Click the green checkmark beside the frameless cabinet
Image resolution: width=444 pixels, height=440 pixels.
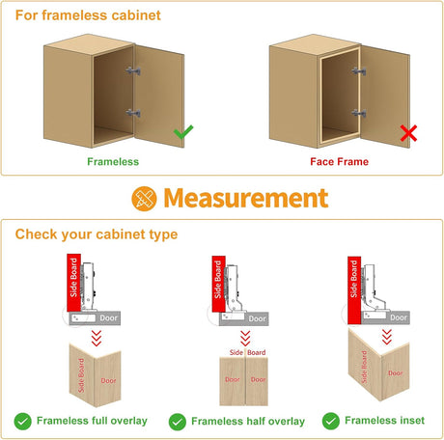coord(183,131)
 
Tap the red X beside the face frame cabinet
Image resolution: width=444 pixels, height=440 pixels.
coord(408,133)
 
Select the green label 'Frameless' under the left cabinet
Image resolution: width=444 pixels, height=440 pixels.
coord(113,161)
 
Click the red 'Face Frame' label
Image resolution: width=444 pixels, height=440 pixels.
coord(340,161)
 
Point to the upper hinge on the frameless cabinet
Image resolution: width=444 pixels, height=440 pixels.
coord(133,70)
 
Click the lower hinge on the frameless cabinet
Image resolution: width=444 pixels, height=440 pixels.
coord(133,113)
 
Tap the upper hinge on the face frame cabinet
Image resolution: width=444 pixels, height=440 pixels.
coord(359,71)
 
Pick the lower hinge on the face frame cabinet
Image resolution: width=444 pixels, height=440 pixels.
coord(359,113)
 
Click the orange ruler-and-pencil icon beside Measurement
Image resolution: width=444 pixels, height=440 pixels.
coord(144,199)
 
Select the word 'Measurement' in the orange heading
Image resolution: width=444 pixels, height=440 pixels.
coord(246,198)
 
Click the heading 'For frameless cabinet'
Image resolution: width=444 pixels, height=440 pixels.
coord(88,15)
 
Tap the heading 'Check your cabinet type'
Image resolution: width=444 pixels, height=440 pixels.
coord(97,234)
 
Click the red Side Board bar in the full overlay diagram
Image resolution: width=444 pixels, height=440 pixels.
coord(73,283)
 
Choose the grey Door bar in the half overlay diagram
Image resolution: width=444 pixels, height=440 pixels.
coord(244,318)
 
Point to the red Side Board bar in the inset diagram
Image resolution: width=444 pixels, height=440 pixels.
coord(354,290)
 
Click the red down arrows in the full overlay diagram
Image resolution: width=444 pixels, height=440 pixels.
coord(97,338)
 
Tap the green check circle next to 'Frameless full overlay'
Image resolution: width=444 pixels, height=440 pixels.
coord(23,421)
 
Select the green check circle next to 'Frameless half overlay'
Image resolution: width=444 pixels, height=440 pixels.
coord(178,422)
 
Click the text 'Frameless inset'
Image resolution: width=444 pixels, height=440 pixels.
coord(384,421)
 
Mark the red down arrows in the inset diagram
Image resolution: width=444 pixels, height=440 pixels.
coord(387,337)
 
